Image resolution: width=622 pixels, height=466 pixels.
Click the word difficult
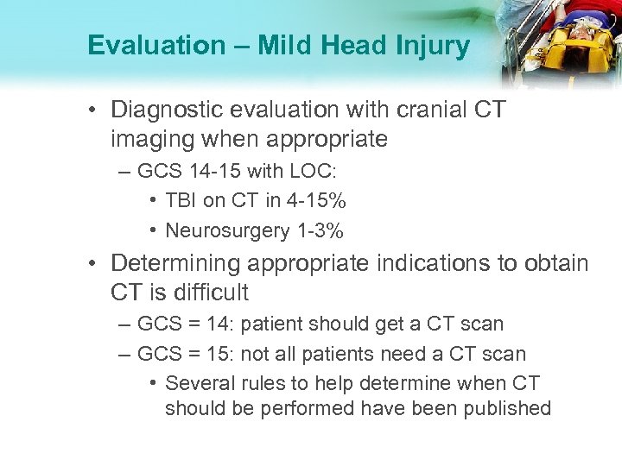click(x=208, y=293)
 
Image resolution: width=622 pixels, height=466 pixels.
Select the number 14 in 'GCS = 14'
click(x=225, y=325)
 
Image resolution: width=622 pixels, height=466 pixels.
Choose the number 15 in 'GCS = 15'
click(x=224, y=354)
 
